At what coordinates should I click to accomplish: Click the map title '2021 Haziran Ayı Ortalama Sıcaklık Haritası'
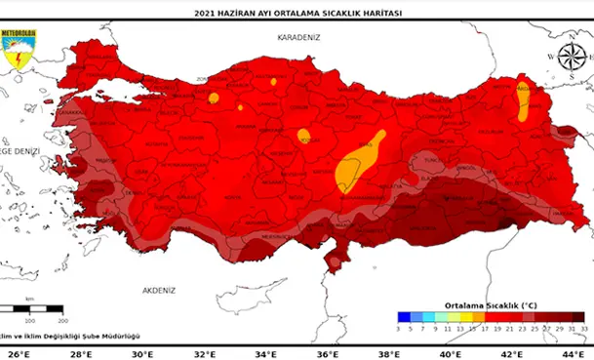297,13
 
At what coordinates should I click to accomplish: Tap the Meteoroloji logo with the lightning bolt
18,52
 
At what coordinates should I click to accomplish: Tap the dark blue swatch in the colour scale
404,316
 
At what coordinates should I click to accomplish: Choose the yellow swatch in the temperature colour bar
466,316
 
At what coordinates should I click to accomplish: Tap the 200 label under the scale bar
62,319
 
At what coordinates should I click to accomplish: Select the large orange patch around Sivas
357,162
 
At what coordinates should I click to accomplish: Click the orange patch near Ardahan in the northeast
523,98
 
